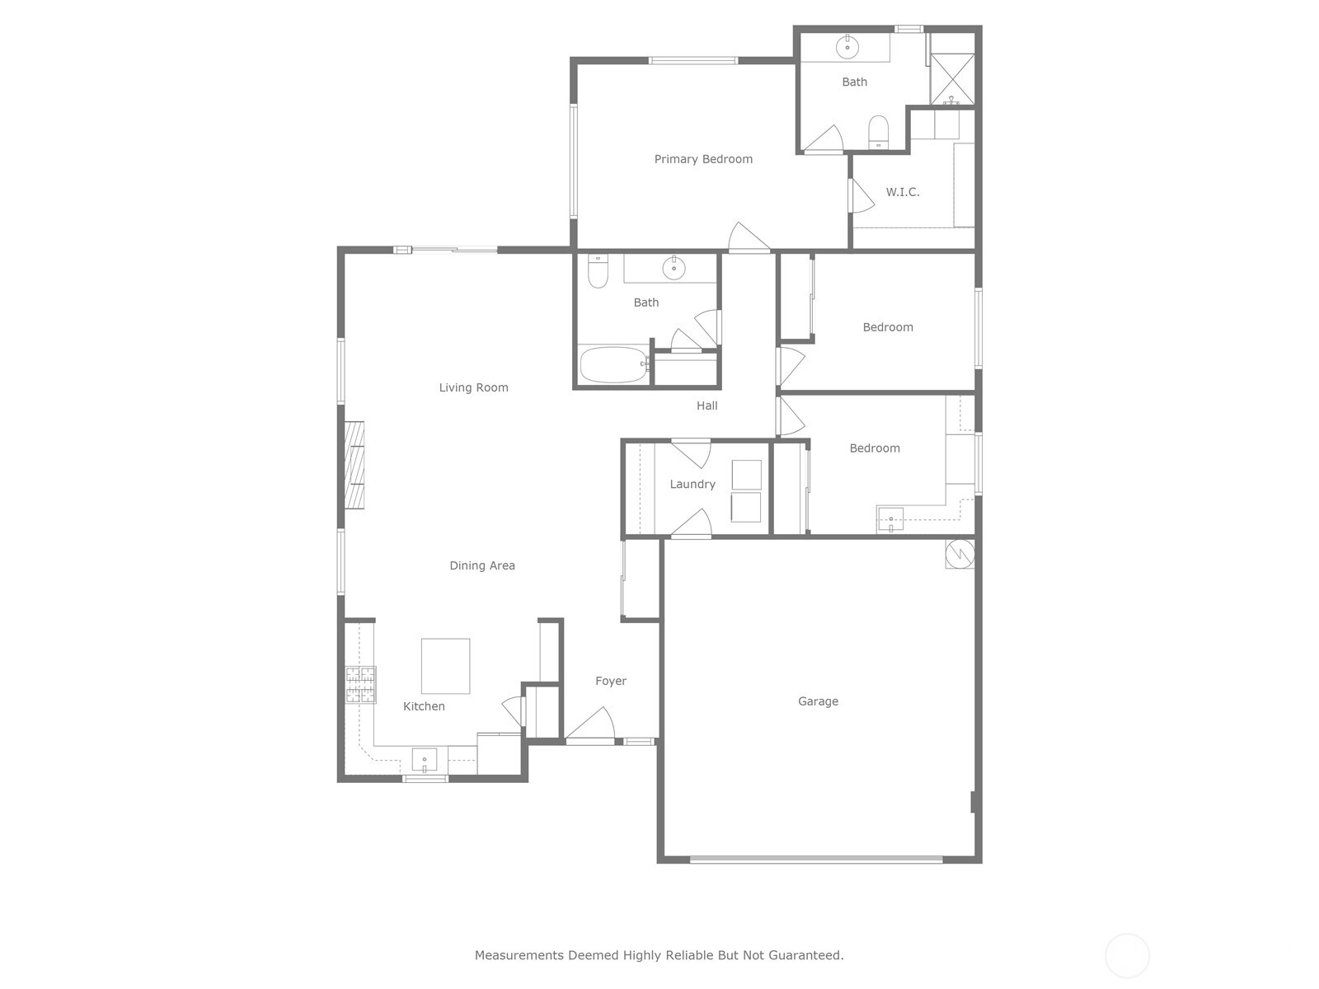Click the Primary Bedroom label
click(x=703, y=159)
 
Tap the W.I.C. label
click(x=903, y=192)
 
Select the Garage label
click(x=818, y=701)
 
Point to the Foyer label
click(x=611, y=681)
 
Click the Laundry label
click(x=692, y=484)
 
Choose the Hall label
click(x=706, y=406)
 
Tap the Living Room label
click(x=473, y=388)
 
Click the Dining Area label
click(x=482, y=565)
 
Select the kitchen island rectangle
click(x=445, y=666)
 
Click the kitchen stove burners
click(x=360, y=685)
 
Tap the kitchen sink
click(x=425, y=760)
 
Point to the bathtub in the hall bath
click(x=613, y=364)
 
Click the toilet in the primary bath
click(x=879, y=132)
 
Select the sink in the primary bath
click(x=847, y=47)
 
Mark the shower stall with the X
click(x=952, y=79)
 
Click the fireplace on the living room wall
click(x=354, y=466)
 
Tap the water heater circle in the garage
click(x=960, y=554)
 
